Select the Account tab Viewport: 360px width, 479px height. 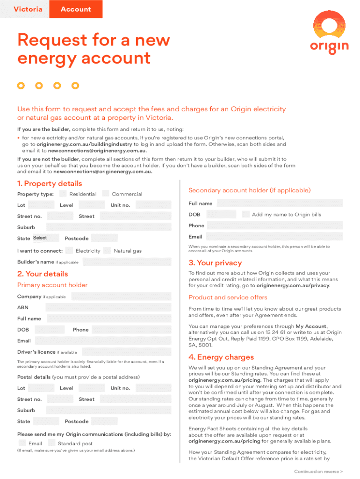click(x=76, y=9)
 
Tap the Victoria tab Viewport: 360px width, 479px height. click(x=28, y=9)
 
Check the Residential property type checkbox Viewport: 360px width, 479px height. click(x=62, y=194)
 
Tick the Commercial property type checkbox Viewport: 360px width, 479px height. click(x=105, y=194)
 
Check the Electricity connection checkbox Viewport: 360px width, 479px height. click(x=69, y=250)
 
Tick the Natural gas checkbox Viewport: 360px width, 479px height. click(x=107, y=250)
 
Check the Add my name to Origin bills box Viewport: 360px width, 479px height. click(x=246, y=214)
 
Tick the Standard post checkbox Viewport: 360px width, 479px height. click(x=51, y=443)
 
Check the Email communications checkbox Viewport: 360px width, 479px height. click(x=22, y=443)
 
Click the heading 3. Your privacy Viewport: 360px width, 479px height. click(x=215, y=263)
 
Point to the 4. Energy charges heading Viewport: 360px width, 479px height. click(x=221, y=357)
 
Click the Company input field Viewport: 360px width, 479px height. click(x=121, y=297)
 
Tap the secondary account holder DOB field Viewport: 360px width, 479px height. click(x=221, y=214)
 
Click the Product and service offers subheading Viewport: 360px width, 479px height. click(x=228, y=298)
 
